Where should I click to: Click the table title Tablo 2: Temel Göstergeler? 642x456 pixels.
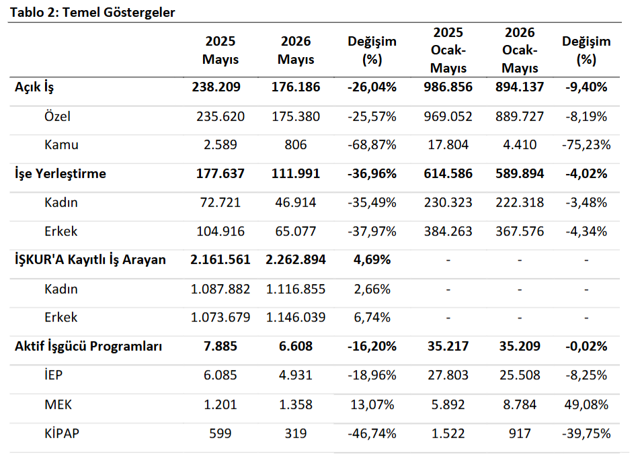(93, 12)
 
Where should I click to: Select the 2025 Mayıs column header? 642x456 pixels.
(220, 50)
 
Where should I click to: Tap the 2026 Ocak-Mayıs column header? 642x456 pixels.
(520, 50)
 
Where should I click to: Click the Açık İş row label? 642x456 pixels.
(34, 87)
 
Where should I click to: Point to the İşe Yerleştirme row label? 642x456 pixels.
(61, 174)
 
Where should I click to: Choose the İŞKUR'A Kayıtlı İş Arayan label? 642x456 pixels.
(90, 260)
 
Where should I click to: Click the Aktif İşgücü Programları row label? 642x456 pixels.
(89, 347)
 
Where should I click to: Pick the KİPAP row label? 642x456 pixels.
(62, 433)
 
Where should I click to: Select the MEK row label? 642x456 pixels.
(58, 404)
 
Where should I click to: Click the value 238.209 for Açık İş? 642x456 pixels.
(216, 87)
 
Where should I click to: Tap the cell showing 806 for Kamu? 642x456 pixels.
(296, 145)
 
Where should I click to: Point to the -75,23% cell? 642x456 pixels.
(586, 145)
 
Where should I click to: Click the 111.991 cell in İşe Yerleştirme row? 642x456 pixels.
(296, 174)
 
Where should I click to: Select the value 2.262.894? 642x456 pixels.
(296, 260)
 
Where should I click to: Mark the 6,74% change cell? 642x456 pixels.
(372, 318)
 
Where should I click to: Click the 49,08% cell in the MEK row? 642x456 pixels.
(586, 404)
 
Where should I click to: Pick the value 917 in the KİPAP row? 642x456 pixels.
(520, 433)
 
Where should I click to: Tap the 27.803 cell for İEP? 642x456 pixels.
(448, 375)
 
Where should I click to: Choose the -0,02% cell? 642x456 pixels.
(586, 347)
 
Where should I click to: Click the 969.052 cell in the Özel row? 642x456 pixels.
(448, 117)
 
